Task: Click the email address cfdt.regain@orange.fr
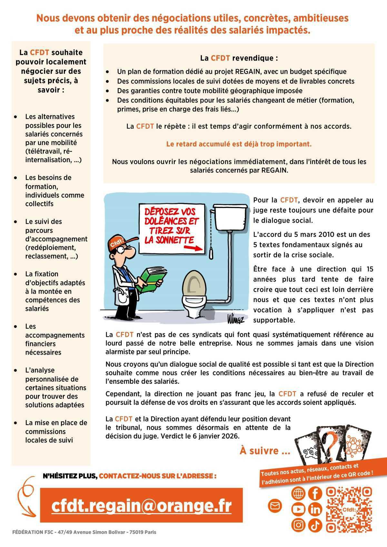pyautogui.click(x=141, y=505)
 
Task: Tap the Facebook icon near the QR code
pyautogui.click(x=315, y=493)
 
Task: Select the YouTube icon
pyautogui.click(x=298, y=509)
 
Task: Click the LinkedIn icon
pyautogui.click(x=315, y=509)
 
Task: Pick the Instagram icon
pyautogui.click(x=298, y=525)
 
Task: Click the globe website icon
pyautogui.click(x=298, y=493)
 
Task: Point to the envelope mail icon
pyautogui.click(x=275, y=506)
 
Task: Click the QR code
pyautogui.click(x=349, y=509)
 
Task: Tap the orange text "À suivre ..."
pyautogui.click(x=265, y=451)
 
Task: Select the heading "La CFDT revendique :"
pyautogui.click(x=239, y=58)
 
